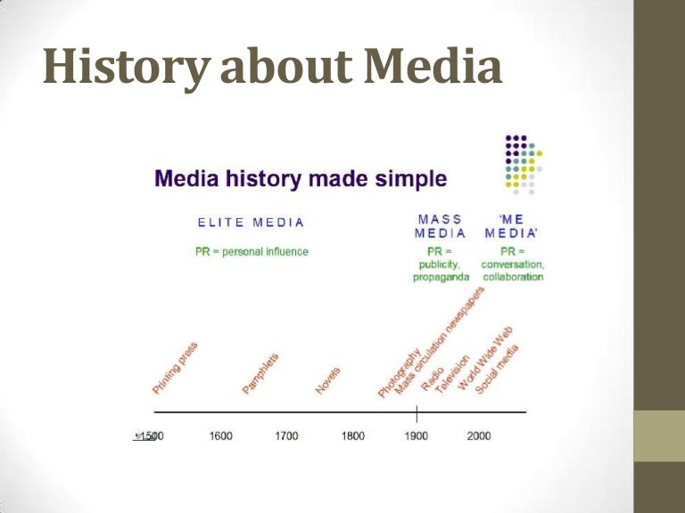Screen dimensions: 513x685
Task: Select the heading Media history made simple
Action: pos(301,178)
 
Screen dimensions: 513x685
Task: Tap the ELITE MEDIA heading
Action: pos(251,223)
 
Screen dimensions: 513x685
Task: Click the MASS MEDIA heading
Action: pos(440,226)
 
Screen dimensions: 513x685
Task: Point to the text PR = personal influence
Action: pos(252,251)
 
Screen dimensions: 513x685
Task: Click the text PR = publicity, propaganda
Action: pos(440,264)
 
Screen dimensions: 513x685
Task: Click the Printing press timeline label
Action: pos(175,369)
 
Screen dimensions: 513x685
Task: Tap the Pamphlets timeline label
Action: pos(260,373)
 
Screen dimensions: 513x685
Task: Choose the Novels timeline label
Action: pos(328,379)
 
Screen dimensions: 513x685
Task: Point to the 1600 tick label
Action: pos(221,436)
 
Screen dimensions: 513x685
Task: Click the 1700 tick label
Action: pos(286,436)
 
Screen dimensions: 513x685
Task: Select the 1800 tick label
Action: pos(352,436)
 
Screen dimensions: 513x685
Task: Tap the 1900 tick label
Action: pos(417,436)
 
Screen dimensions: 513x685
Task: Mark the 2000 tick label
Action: pos(479,436)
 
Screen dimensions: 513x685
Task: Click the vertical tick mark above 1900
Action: pos(417,413)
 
